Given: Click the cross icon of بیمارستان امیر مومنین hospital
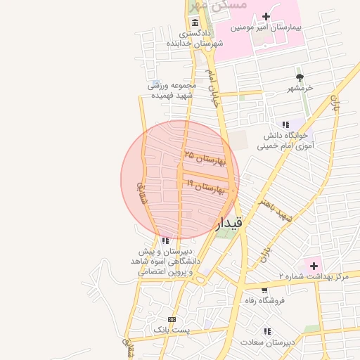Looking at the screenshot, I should point(266,16).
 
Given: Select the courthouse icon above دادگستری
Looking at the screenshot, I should point(195,23).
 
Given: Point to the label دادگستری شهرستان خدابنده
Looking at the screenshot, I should point(195,38).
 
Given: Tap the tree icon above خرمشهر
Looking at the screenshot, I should point(300,77).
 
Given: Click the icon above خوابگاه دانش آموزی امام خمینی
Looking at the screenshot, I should point(285,123).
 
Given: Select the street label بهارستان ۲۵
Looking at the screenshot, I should point(205,157).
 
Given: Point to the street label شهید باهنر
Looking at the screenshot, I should point(275,210).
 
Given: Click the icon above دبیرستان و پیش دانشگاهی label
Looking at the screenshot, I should point(165,240).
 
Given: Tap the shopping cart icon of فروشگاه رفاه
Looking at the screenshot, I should point(264,289).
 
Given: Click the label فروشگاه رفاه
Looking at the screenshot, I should point(264,300).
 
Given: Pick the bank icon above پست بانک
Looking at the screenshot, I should point(172,320).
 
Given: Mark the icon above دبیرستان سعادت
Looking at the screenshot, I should point(267,330).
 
